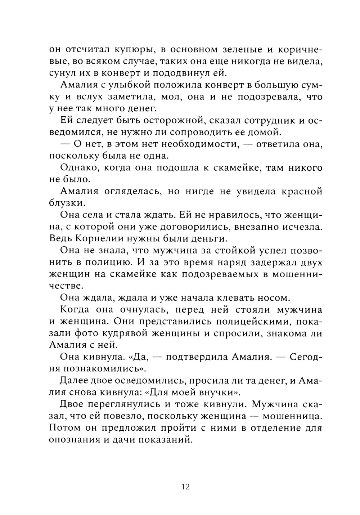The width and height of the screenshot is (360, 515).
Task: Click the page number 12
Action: click(186, 487)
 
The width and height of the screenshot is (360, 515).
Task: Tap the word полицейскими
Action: click(235, 321)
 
